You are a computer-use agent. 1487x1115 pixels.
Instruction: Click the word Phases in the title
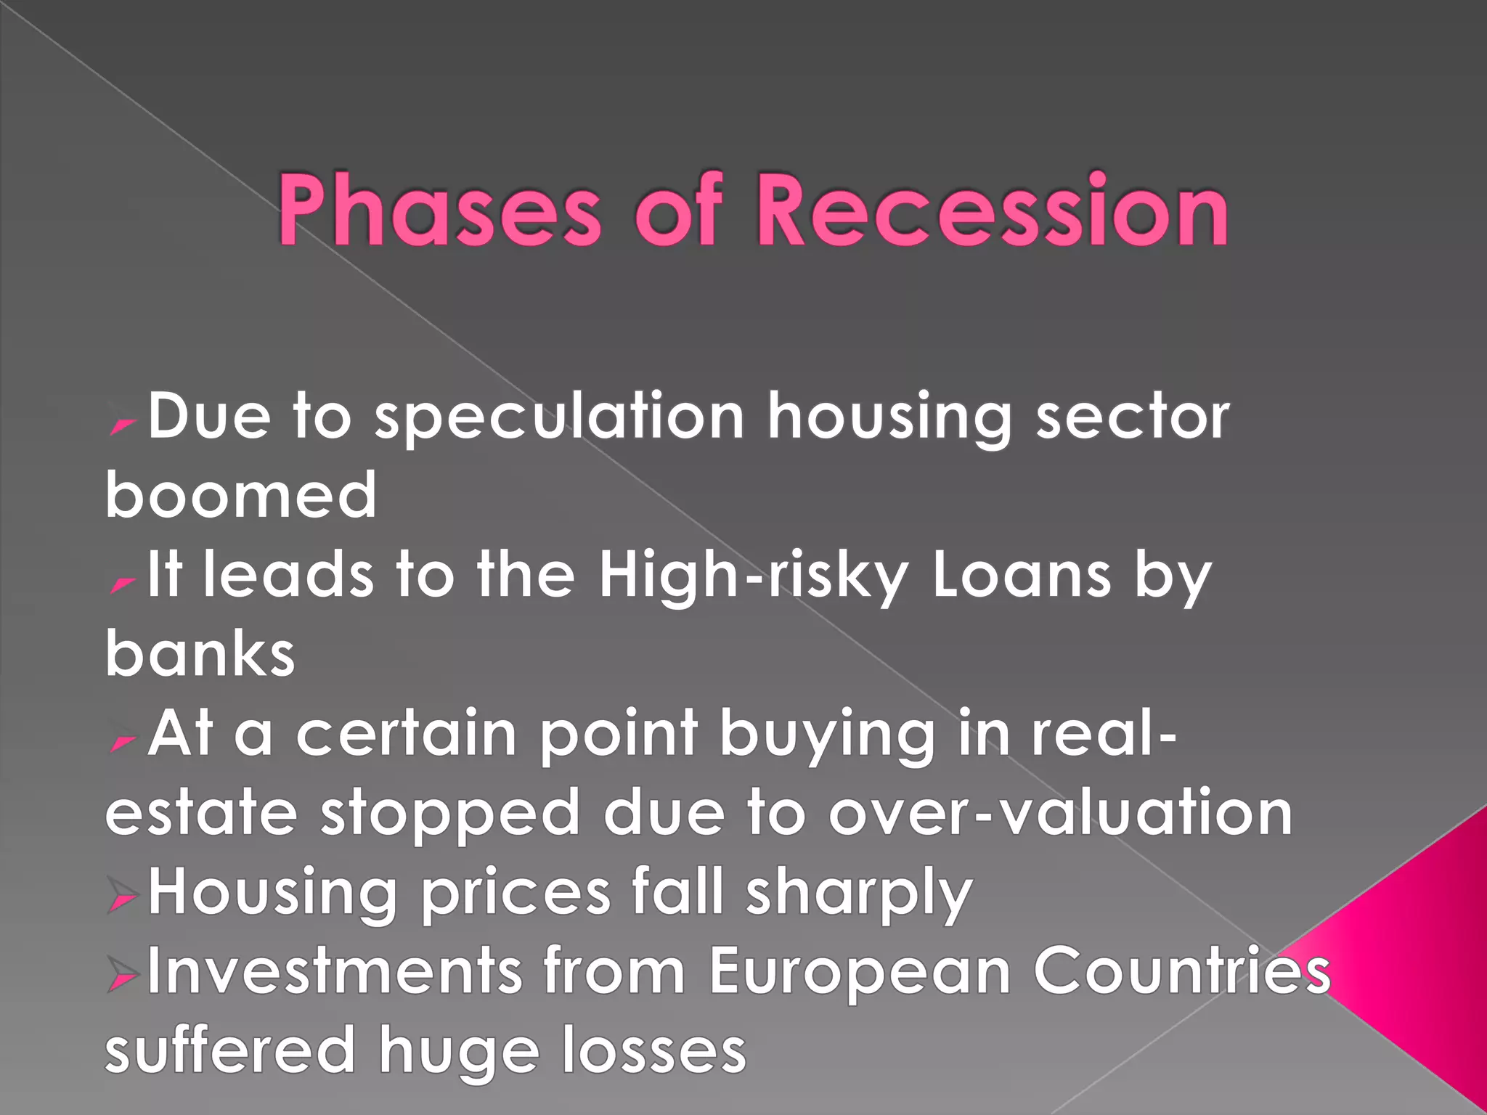pos(439,211)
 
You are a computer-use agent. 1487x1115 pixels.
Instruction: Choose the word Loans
pos(1022,576)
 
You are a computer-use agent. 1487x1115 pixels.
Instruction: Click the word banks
pos(200,653)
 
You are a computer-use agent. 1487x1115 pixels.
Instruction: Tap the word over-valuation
pos(1061,813)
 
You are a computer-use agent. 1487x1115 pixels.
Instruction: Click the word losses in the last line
pos(654,1050)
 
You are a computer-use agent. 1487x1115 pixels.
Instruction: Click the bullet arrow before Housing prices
pos(122,897)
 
